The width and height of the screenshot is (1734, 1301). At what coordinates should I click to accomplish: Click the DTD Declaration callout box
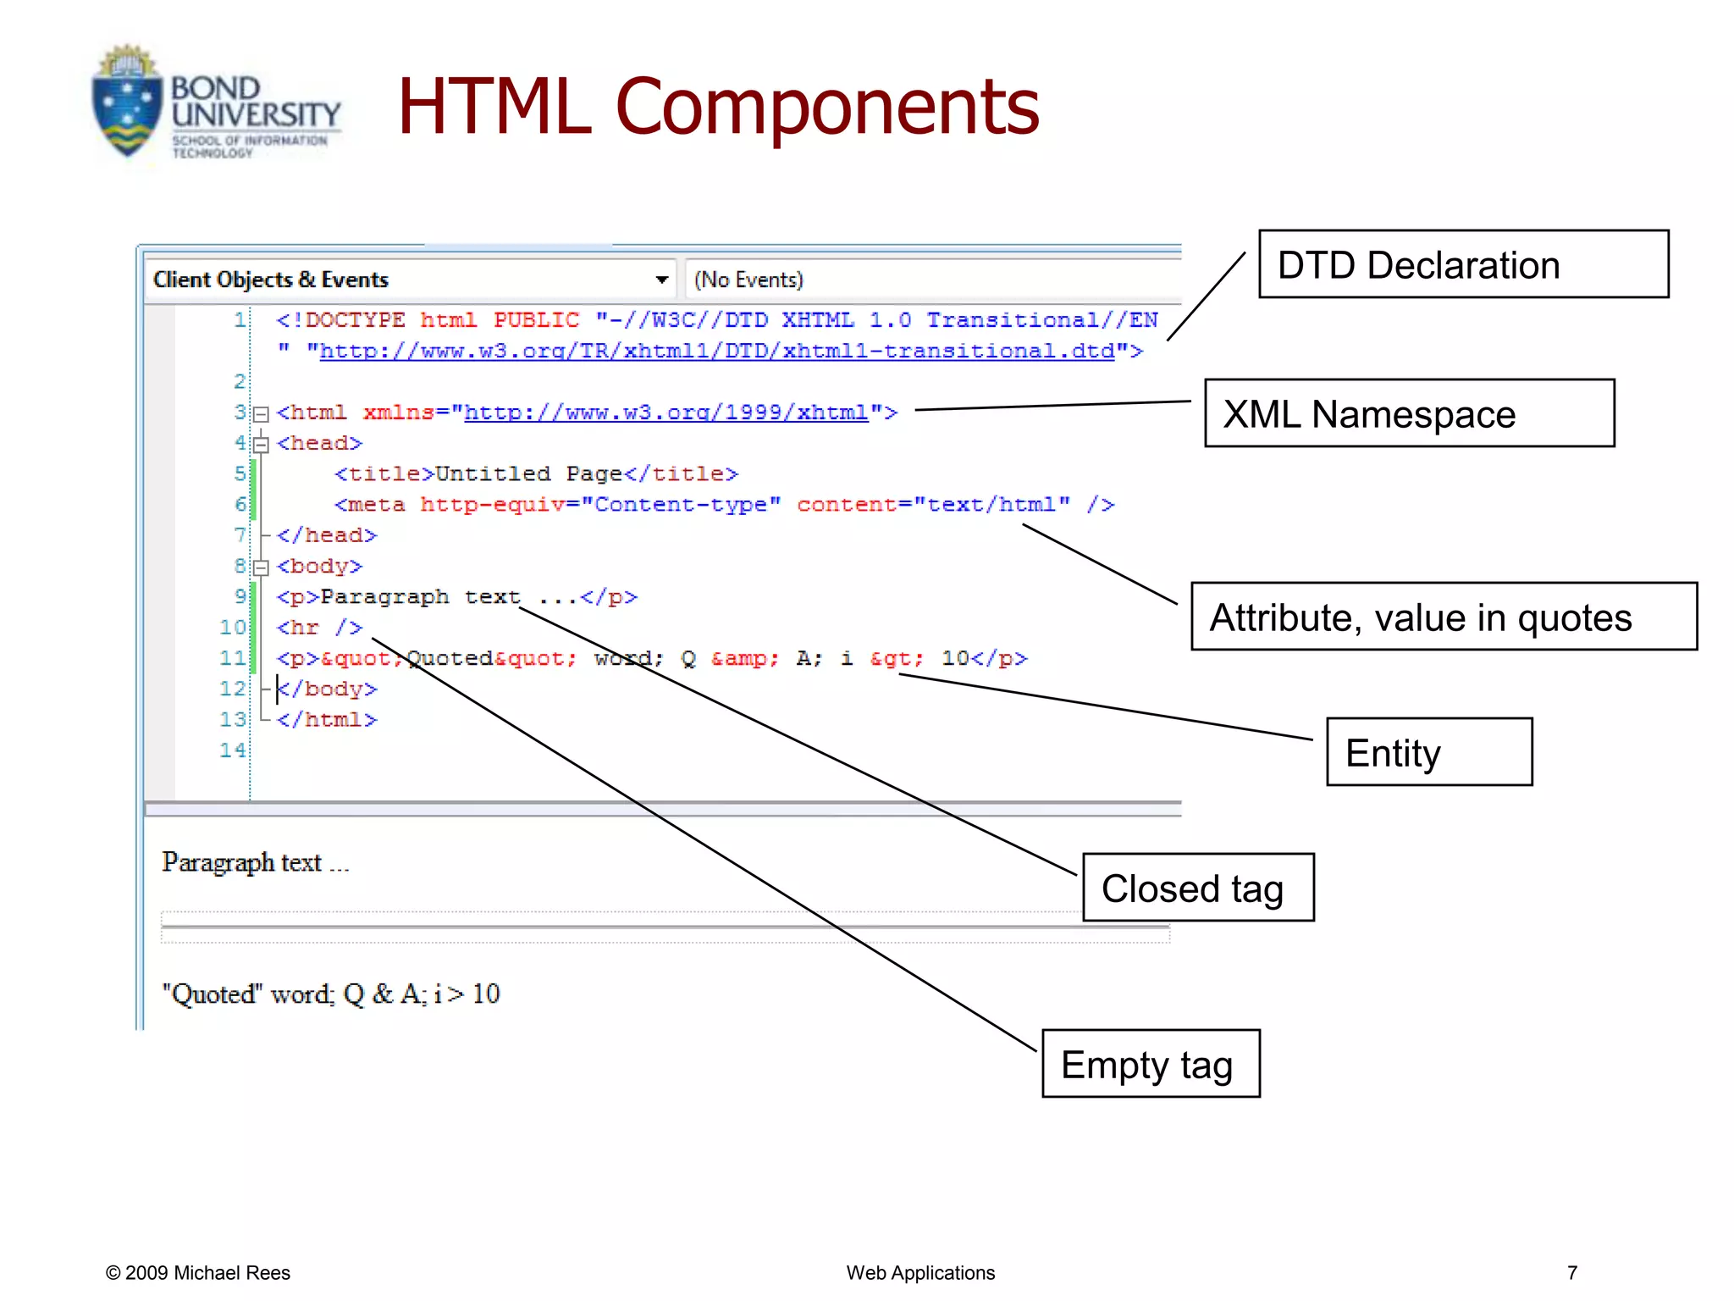(x=1463, y=264)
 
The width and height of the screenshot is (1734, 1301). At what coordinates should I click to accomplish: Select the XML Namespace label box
(x=1409, y=413)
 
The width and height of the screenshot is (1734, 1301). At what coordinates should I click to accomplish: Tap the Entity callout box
(x=1429, y=752)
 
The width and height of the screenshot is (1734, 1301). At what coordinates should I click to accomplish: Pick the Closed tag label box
(x=1198, y=888)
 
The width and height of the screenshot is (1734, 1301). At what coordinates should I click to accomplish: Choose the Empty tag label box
(x=1151, y=1064)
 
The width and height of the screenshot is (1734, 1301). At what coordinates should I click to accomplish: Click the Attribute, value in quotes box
(x=1444, y=617)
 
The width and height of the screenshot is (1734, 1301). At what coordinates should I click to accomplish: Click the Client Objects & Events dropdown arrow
(x=661, y=280)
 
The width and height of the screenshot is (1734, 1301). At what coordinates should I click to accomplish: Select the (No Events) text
(x=748, y=280)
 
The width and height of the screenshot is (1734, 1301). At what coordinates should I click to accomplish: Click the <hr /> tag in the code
(x=319, y=628)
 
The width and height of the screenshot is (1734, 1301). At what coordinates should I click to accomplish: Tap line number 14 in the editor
(x=232, y=750)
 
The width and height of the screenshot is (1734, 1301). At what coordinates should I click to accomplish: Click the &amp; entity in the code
(x=744, y=658)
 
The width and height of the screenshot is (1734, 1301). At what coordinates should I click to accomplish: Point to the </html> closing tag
(x=327, y=720)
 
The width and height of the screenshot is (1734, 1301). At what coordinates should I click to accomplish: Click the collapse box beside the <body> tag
(x=262, y=567)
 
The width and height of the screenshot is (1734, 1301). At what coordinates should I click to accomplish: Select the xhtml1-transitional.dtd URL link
(x=716, y=351)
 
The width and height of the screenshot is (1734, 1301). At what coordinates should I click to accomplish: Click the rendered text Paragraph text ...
(x=242, y=862)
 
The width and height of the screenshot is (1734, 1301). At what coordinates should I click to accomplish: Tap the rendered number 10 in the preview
(x=486, y=994)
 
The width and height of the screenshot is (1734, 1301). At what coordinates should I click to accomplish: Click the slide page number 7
(x=1572, y=1273)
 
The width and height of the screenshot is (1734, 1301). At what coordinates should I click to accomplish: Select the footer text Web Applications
(x=920, y=1273)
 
